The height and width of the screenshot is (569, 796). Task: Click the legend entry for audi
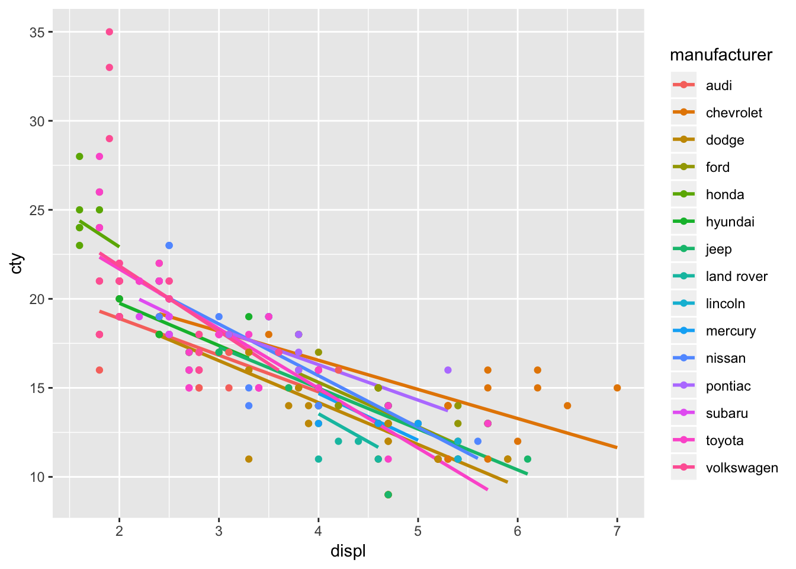click(718, 85)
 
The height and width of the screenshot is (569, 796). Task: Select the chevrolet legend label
click(734, 113)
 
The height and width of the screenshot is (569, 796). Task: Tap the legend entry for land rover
click(736, 276)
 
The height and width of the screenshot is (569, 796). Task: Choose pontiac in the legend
click(728, 386)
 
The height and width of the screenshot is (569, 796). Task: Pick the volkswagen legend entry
click(742, 468)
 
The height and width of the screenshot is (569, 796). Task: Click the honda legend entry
click(724, 194)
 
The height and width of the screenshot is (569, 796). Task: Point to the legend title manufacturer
click(721, 55)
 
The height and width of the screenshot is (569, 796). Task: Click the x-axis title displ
click(348, 551)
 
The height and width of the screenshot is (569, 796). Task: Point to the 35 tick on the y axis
click(37, 32)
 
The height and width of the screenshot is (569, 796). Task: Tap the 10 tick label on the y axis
click(37, 477)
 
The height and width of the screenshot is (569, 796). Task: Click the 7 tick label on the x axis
click(617, 531)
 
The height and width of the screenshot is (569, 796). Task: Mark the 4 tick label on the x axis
click(319, 531)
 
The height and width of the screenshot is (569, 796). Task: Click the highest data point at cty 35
click(110, 32)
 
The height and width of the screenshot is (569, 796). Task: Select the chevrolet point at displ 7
click(617, 388)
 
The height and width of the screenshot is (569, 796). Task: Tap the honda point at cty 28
click(79, 156)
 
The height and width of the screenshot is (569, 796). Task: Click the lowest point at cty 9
click(388, 494)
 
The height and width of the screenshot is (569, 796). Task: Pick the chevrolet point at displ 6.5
click(567, 405)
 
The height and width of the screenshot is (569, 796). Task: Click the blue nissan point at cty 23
click(169, 245)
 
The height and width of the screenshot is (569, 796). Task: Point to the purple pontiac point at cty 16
click(448, 370)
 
